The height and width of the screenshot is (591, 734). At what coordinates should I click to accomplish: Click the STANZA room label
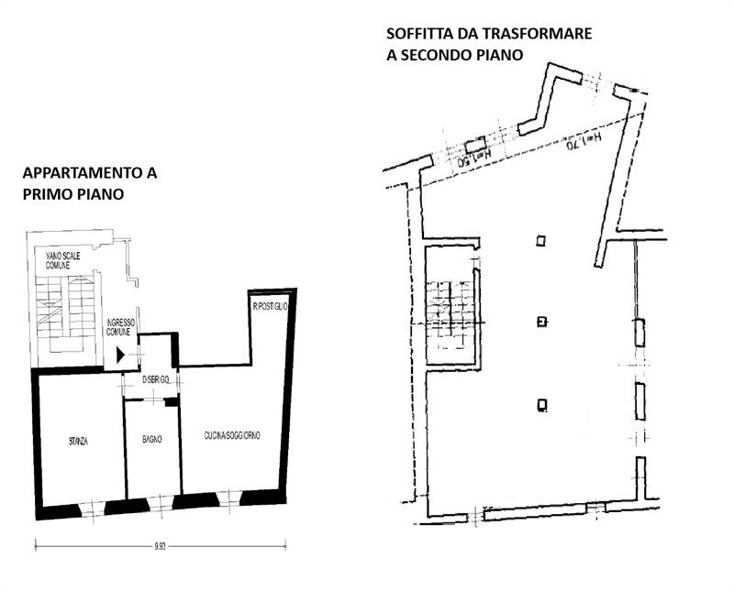[x=78, y=441]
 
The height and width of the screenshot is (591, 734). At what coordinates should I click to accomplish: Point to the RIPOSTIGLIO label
[x=271, y=306]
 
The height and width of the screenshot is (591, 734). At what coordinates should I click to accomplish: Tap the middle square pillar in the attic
[x=542, y=322]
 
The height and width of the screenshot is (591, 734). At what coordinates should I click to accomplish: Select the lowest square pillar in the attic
[x=542, y=403]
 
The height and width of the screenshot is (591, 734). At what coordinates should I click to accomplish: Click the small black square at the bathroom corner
[x=172, y=402]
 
